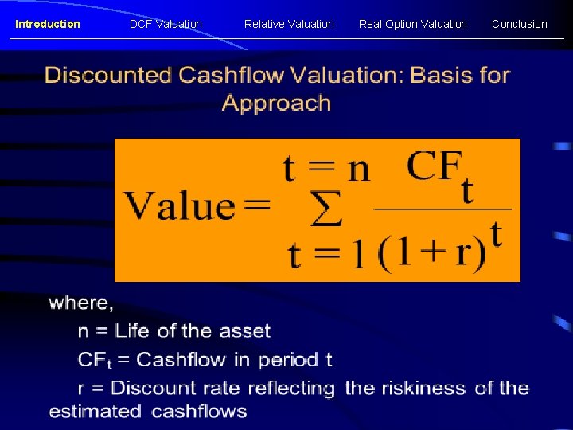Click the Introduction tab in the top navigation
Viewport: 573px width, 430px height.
[x=48, y=24]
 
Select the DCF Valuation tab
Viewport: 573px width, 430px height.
[x=166, y=24]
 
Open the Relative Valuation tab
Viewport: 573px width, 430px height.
[x=289, y=24]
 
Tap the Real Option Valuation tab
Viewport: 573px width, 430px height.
[x=412, y=24]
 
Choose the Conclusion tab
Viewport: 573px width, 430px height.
[x=519, y=24]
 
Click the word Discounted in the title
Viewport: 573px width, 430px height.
[x=108, y=76]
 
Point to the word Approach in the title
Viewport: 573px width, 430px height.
[x=276, y=104]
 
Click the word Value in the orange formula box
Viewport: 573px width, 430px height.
[x=179, y=205]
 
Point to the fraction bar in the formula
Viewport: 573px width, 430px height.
[x=442, y=209]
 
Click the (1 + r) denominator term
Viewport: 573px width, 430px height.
[x=431, y=253]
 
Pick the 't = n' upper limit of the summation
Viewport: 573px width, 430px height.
[x=326, y=169]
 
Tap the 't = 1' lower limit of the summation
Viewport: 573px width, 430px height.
[x=326, y=255]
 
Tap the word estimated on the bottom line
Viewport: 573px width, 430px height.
[x=95, y=412]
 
